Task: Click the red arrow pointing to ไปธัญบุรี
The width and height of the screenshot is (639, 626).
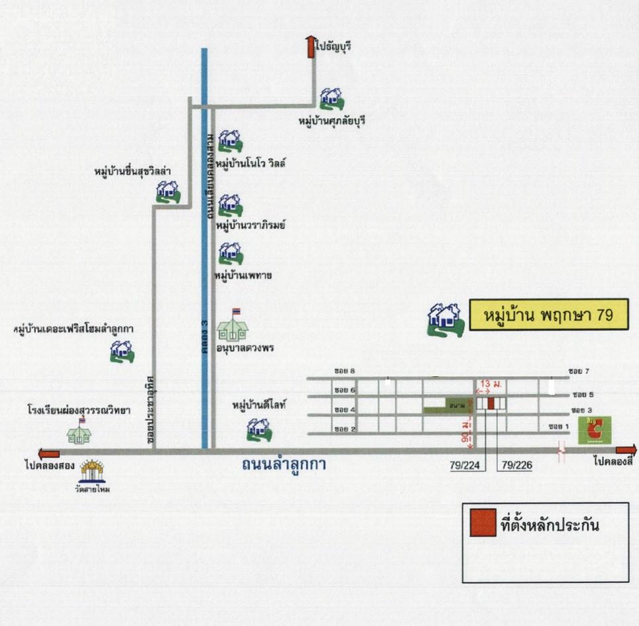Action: [x=310, y=47]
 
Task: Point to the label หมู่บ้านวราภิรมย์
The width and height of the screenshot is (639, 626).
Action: [x=250, y=225]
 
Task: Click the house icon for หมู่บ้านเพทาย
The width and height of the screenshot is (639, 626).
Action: [x=230, y=253]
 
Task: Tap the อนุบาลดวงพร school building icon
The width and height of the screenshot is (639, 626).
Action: [x=233, y=327]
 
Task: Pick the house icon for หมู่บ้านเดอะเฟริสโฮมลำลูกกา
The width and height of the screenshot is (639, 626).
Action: [x=121, y=351]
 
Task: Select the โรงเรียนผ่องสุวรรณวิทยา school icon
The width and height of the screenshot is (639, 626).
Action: [x=79, y=433]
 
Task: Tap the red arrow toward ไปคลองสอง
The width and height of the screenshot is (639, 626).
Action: [x=49, y=454]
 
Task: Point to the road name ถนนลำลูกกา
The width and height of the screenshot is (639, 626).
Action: [x=284, y=465]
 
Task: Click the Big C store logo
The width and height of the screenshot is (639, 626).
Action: [x=595, y=431]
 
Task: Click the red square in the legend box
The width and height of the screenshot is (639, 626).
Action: [x=483, y=523]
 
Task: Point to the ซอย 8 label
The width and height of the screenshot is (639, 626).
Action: [x=345, y=372]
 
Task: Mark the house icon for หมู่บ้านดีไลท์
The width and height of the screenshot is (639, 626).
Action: [x=258, y=429]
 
